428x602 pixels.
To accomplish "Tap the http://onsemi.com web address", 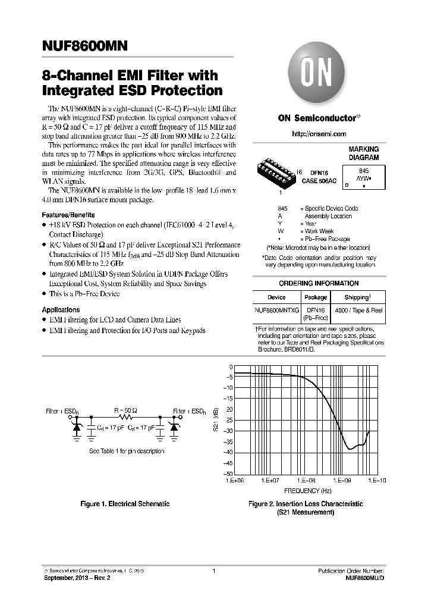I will [319, 134].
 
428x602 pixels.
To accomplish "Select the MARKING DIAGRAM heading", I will [363, 154].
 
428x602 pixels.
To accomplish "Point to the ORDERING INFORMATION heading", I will [319, 283].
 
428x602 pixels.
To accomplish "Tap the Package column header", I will [316, 297].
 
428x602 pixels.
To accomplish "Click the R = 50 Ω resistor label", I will [126, 410].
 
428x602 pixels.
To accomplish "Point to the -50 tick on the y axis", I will [227, 474].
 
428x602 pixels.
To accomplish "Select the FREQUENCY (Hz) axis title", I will [307, 491].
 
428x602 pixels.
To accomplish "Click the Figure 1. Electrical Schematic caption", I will [125, 504].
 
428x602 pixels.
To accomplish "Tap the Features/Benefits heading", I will [68, 215].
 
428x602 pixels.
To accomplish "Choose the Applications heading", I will [61, 310].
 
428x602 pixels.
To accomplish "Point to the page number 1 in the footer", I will [213, 571].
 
